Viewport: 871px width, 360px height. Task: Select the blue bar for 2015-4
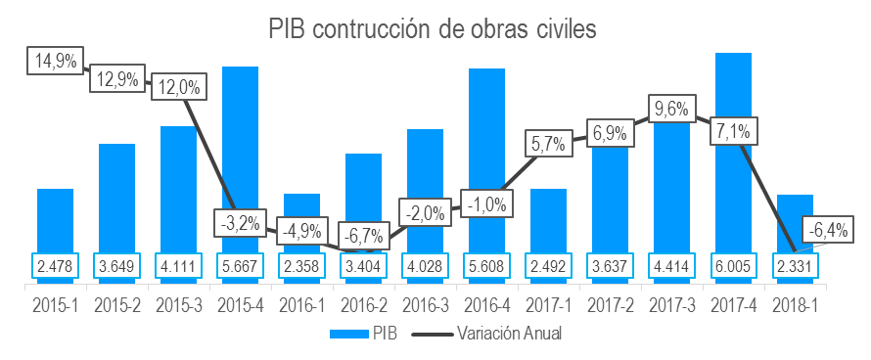click(240, 157)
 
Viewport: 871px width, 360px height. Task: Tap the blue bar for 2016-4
click(486, 157)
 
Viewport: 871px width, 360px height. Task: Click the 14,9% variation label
click(54, 61)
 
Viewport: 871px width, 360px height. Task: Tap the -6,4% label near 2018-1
click(827, 231)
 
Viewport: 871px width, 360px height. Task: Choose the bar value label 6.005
click(733, 266)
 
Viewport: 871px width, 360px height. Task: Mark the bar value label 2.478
click(55, 266)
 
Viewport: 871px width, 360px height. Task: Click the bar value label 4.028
click(425, 266)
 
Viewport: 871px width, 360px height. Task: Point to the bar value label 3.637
click(610, 266)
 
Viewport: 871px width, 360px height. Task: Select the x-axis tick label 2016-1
click(301, 304)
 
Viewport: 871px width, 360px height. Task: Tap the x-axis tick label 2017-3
click(671, 304)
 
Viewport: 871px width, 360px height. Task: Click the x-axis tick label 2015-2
click(116, 304)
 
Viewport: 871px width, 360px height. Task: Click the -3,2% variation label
click(240, 222)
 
